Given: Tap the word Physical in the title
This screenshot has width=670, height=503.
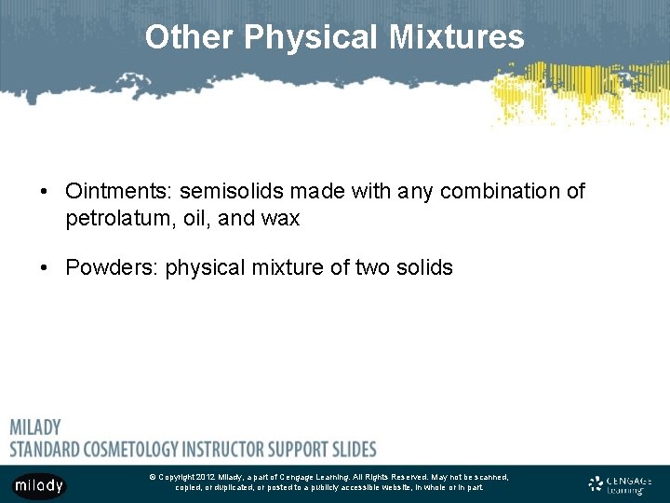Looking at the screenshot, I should click(x=312, y=37).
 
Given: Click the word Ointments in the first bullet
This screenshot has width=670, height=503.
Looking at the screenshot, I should click(x=116, y=192).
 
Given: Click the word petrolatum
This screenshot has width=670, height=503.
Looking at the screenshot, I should click(x=113, y=219).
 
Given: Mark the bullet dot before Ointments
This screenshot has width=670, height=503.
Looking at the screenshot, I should click(x=45, y=193).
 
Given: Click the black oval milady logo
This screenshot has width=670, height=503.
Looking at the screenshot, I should click(x=39, y=484).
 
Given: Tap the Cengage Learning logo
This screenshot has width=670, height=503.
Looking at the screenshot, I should click(x=621, y=484).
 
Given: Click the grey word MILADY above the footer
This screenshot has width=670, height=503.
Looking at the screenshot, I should click(x=35, y=428).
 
